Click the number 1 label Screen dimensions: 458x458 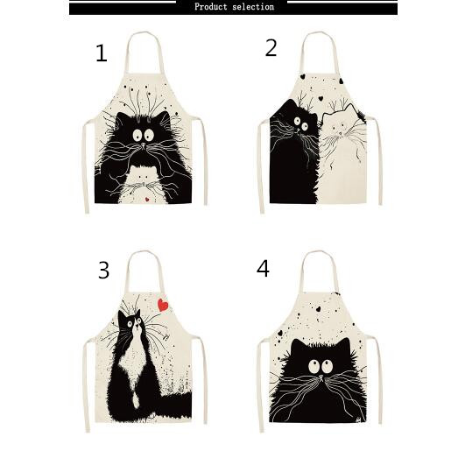[102, 53]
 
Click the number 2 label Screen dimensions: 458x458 [271, 48]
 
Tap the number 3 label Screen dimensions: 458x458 [103, 271]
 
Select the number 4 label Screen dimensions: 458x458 [263, 269]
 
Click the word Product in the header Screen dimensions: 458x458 [210, 7]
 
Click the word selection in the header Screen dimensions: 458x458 [253, 7]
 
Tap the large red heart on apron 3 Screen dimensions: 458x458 [163, 305]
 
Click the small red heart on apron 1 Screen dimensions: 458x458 [147, 200]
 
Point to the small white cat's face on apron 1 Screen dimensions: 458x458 [142, 176]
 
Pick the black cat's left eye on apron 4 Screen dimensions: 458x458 [314, 366]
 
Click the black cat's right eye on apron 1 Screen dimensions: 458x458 [149, 135]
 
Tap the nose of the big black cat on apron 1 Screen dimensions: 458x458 [143, 144]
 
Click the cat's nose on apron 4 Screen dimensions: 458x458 [321, 377]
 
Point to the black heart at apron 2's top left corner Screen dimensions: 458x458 [303, 76]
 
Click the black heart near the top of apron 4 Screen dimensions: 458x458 [319, 308]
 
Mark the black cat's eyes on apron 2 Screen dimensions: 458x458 [301, 123]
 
